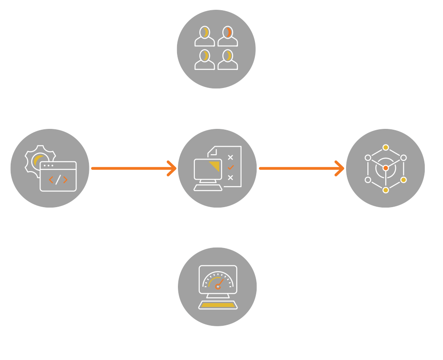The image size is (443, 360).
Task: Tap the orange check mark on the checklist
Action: click(230, 168)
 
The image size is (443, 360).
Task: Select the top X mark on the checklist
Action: click(230, 157)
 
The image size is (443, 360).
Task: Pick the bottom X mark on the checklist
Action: click(230, 178)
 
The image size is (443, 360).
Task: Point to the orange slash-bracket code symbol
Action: click(58, 180)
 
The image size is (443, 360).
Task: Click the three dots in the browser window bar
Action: click(48, 166)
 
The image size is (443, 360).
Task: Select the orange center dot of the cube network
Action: click(386, 168)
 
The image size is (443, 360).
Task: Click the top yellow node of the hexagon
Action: click(386, 148)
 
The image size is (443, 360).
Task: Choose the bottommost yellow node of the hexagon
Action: click(386, 190)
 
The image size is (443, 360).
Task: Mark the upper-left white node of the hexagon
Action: click(368, 158)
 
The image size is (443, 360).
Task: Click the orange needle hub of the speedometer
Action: click(217, 287)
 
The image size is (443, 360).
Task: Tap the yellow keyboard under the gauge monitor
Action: click(218, 305)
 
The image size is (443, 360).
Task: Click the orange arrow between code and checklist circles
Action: click(133, 168)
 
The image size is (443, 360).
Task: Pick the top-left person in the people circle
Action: click(205, 36)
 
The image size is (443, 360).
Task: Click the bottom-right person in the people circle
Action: click(228, 60)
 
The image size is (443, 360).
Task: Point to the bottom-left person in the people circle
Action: click(205, 60)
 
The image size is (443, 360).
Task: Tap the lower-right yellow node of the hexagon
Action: click(403, 180)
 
